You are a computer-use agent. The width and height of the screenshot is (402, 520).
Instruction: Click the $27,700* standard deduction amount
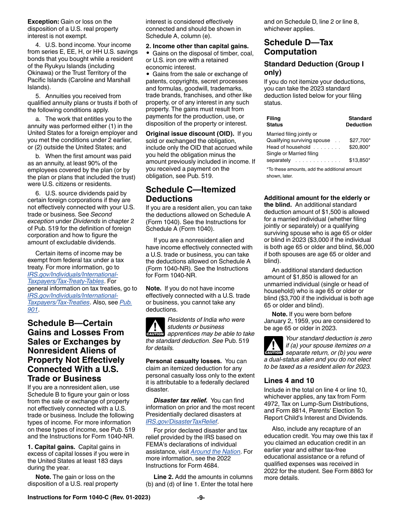(x=360, y=140)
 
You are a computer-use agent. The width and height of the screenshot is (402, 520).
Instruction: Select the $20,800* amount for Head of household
(x=360, y=147)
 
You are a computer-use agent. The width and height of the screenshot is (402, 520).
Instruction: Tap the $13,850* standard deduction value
(x=360, y=161)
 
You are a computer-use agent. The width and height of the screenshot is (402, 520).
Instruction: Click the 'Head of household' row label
(x=288, y=147)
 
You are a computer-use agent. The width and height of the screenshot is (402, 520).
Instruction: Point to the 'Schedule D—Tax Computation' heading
(x=298, y=47)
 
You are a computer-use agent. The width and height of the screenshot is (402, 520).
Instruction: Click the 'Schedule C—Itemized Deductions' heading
(x=190, y=194)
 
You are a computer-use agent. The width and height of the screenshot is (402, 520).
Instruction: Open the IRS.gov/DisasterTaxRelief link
(x=181, y=421)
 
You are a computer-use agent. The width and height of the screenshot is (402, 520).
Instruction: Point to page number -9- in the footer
(x=201, y=498)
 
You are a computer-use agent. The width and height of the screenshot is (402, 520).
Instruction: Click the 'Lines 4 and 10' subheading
(x=289, y=380)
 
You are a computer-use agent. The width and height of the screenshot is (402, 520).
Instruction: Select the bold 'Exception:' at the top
(x=43, y=22)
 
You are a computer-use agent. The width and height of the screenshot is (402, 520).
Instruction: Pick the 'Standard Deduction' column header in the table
(x=358, y=121)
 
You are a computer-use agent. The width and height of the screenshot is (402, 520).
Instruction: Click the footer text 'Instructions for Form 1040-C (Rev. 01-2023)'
(x=89, y=498)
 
